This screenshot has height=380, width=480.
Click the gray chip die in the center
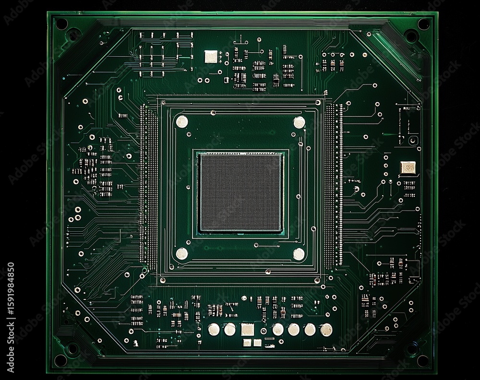tap(240, 193)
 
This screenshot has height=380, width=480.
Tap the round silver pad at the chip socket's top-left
tap(182, 122)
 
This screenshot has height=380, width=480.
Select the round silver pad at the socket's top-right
tap(299, 122)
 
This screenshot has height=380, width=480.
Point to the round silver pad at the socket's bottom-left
tap(181, 254)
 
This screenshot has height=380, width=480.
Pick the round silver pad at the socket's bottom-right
tap(299, 254)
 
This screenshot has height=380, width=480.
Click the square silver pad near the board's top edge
tap(211, 57)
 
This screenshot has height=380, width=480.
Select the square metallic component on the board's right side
tap(408, 167)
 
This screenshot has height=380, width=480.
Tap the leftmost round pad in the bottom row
tap(214, 329)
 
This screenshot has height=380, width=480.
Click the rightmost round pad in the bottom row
tap(326, 330)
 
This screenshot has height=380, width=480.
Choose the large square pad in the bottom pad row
tap(247, 329)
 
